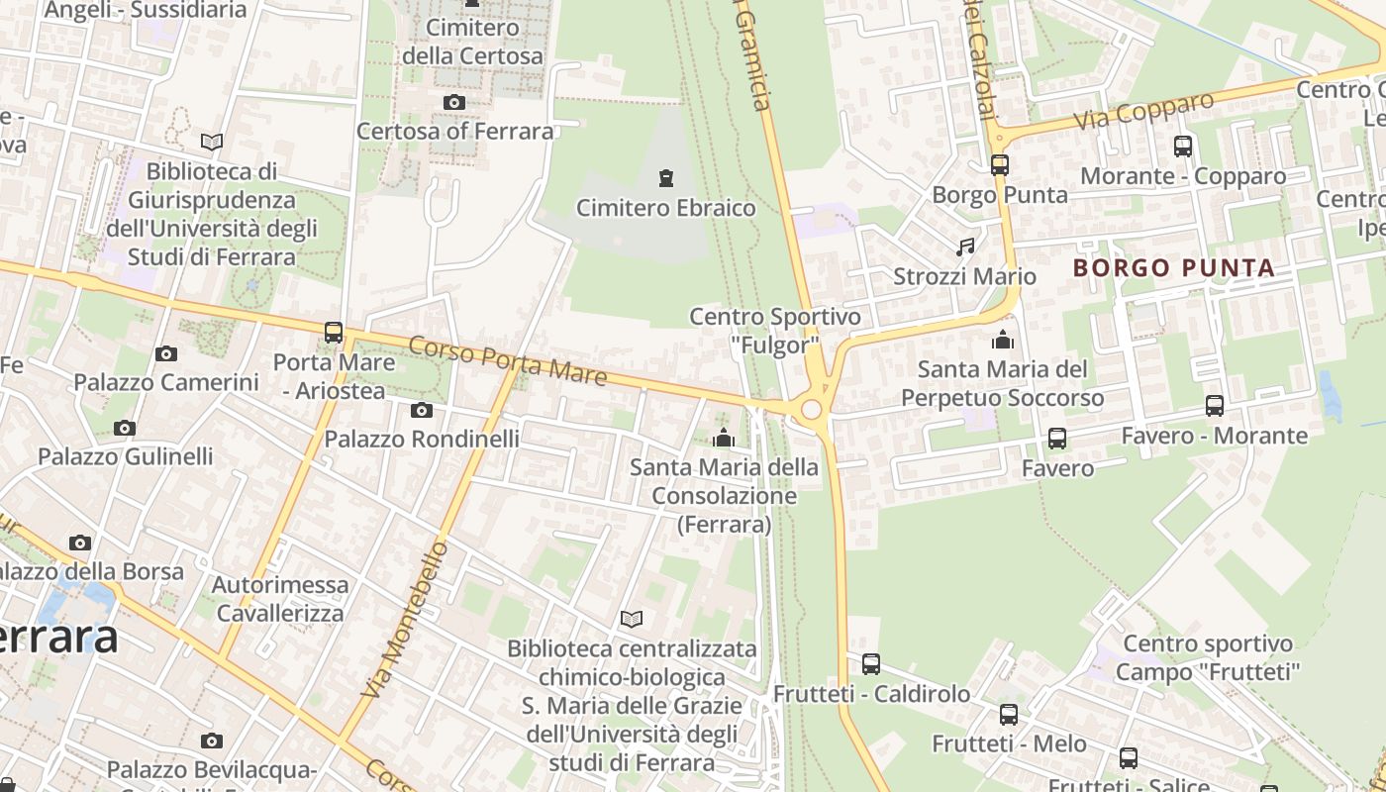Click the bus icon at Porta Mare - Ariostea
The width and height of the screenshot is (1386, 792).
[x=334, y=333]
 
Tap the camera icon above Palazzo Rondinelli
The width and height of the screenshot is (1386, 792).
[x=421, y=410]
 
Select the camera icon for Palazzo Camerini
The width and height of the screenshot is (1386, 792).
[x=166, y=353]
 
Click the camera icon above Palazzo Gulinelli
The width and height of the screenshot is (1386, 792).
[x=124, y=429]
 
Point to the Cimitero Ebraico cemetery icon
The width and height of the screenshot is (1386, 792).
[x=666, y=179]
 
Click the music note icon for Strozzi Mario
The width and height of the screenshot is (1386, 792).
[x=965, y=247]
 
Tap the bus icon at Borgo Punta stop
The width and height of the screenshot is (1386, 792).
[x=1000, y=164]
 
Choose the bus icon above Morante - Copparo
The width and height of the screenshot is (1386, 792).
[x=1182, y=147]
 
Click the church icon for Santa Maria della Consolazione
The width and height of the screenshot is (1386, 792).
[x=724, y=438]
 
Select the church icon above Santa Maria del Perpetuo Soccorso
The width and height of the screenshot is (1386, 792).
[x=1003, y=341]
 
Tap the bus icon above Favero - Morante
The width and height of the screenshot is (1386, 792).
[x=1215, y=406]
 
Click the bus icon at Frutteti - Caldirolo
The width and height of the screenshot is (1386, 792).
[x=871, y=664]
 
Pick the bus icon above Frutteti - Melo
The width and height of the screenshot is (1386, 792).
[x=1009, y=714]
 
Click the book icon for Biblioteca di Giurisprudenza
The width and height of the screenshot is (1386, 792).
[x=212, y=142]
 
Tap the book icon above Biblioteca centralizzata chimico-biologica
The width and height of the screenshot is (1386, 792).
[x=632, y=620]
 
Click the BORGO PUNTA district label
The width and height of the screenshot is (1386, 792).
[x=1173, y=268]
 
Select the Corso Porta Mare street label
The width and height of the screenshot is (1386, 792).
[x=507, y=360]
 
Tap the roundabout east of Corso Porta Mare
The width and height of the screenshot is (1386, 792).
[x=812, y=409]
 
